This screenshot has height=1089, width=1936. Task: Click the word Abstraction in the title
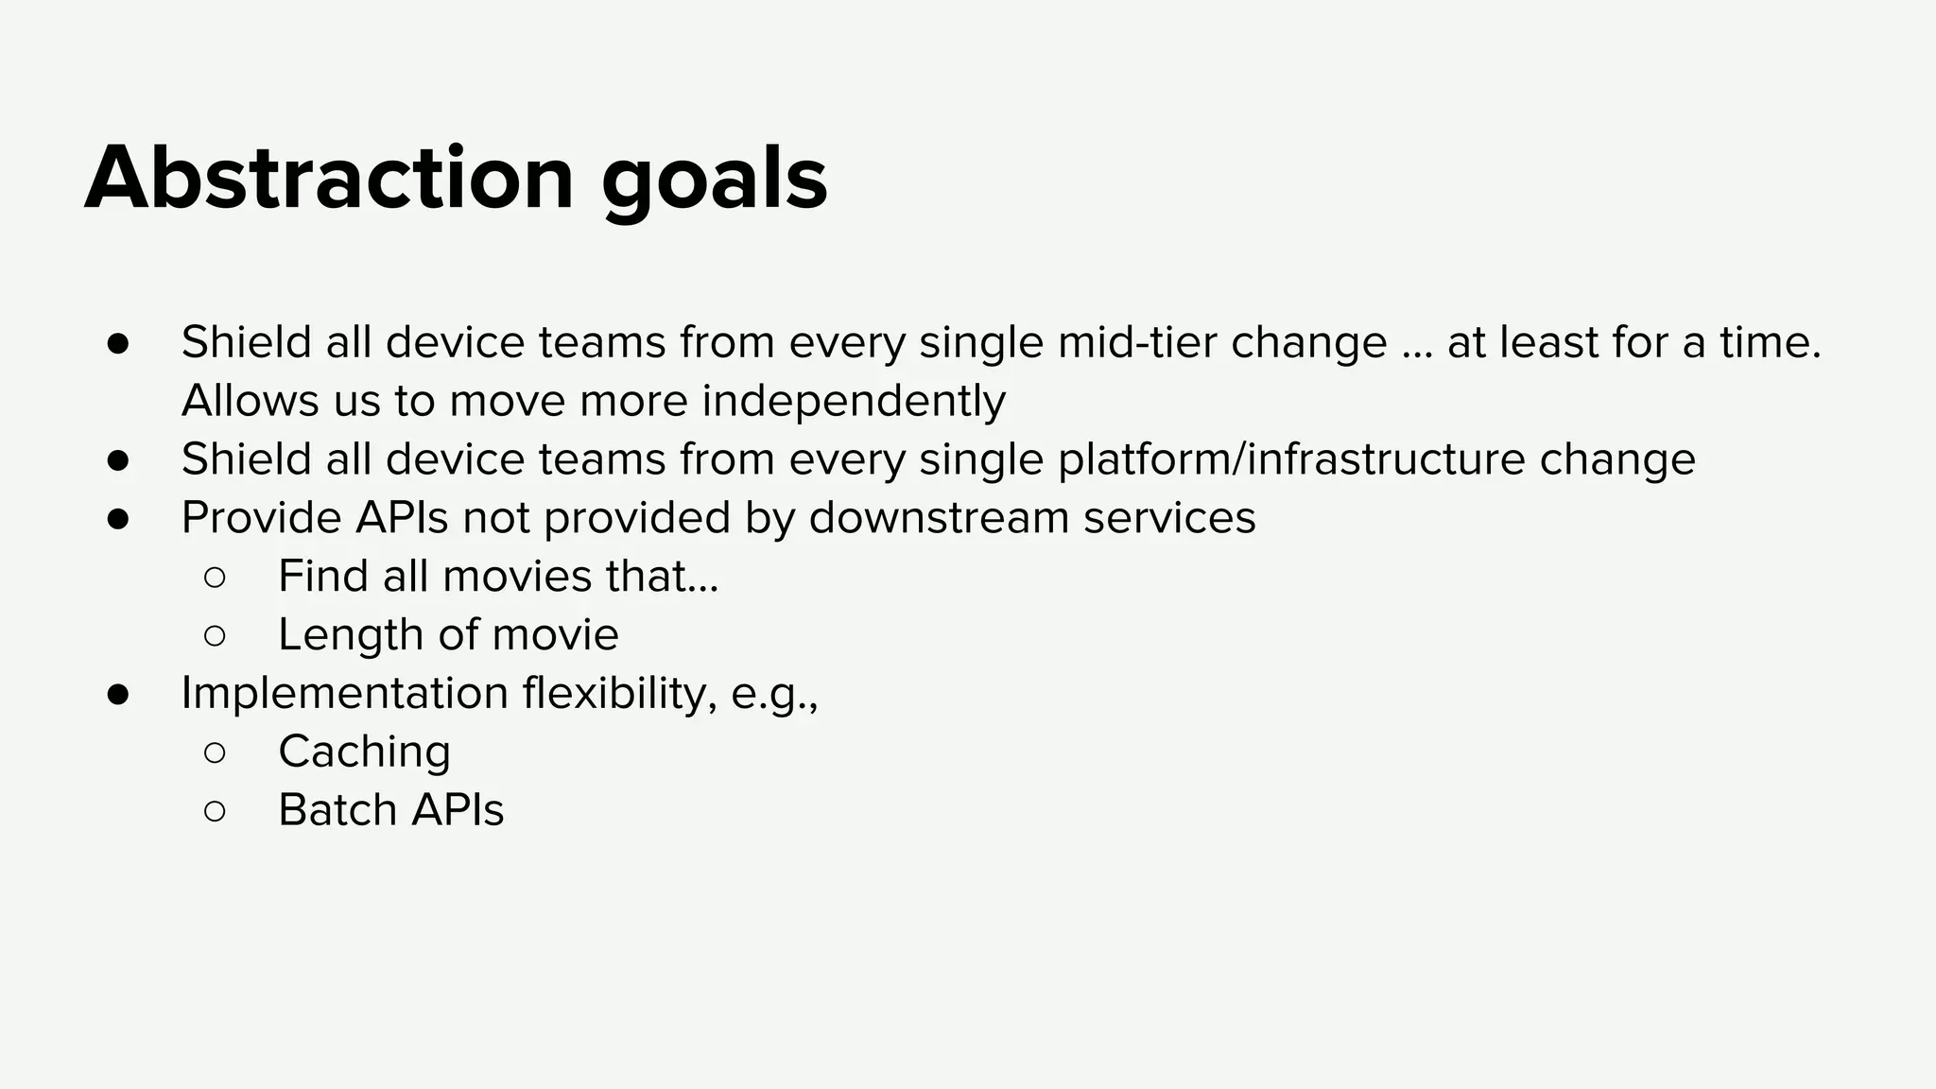(329, 180)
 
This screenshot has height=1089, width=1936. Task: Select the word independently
(854, 402)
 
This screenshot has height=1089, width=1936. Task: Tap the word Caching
(364, 752)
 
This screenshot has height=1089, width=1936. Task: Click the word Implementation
(345, 694)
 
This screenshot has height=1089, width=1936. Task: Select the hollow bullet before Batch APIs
(215, 811)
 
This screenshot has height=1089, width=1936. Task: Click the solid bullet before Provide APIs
(118, 519)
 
